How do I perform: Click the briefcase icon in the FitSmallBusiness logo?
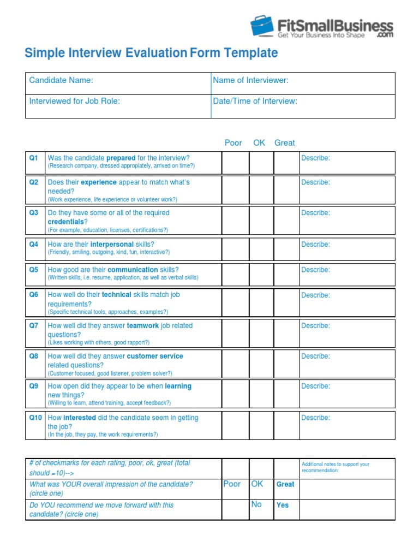pyautogui.click(x=262, y=26)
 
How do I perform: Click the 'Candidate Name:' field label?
pyautogui.click(x=61, y=80)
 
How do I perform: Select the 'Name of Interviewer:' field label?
pyautogui.click(x=250, y=80)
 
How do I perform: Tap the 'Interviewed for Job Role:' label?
pyautogui.click(x=74, y=101)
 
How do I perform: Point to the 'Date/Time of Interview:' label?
pyautogui.click(x=255, y=101)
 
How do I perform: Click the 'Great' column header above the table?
pyautogui.click(x=284, y=142)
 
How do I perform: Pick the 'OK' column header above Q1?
pyautogui.click(x=259, y=142)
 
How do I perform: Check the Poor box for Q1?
pyautogui.click(x=235, y=162)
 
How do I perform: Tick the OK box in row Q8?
pyautogui.click(x=261, y=364)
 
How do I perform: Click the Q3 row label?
pyautogui.click(x=34, y=213)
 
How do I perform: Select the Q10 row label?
pyautogui.click(x=35, y=418)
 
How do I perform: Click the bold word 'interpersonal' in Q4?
pyautogui.click(x=112, y=244)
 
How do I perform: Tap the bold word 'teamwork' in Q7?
pyautogui.click(x=143, y=325)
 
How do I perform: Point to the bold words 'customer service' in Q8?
pyautogui.click(x=155, y=356)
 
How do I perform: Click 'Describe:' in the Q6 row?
pyautogui.click(x=315, y=295)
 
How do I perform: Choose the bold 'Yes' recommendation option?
pyautogui.click(x=283, y=505)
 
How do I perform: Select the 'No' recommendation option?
pyautogui.click(x=256, y=504)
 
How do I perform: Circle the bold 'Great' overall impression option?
pyautogui.click(x=285, y=484)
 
